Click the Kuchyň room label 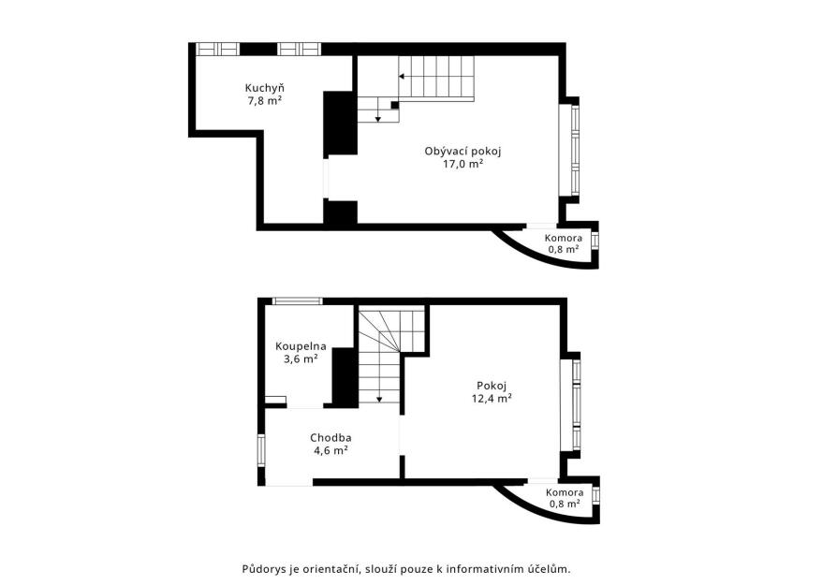click(x=264, y=88)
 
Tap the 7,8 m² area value click(x=264, y=100)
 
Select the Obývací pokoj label click(x=463, y=151)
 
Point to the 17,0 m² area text click(x=463, y=164)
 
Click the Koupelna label click(x=301, y=346)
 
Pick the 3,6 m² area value click(x=301, y=358)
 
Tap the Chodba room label click(x=330, y=438)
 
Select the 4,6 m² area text click(x=330, y=450)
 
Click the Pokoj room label click(x=492, y=386)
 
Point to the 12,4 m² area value click(x=492, y=398)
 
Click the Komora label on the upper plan click(x=564, y=238)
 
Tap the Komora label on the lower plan click(x=565, y=492)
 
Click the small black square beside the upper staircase click(x=395, y=105)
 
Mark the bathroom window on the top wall click(x=298, y=301)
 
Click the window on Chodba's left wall click(x=261, y=450)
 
